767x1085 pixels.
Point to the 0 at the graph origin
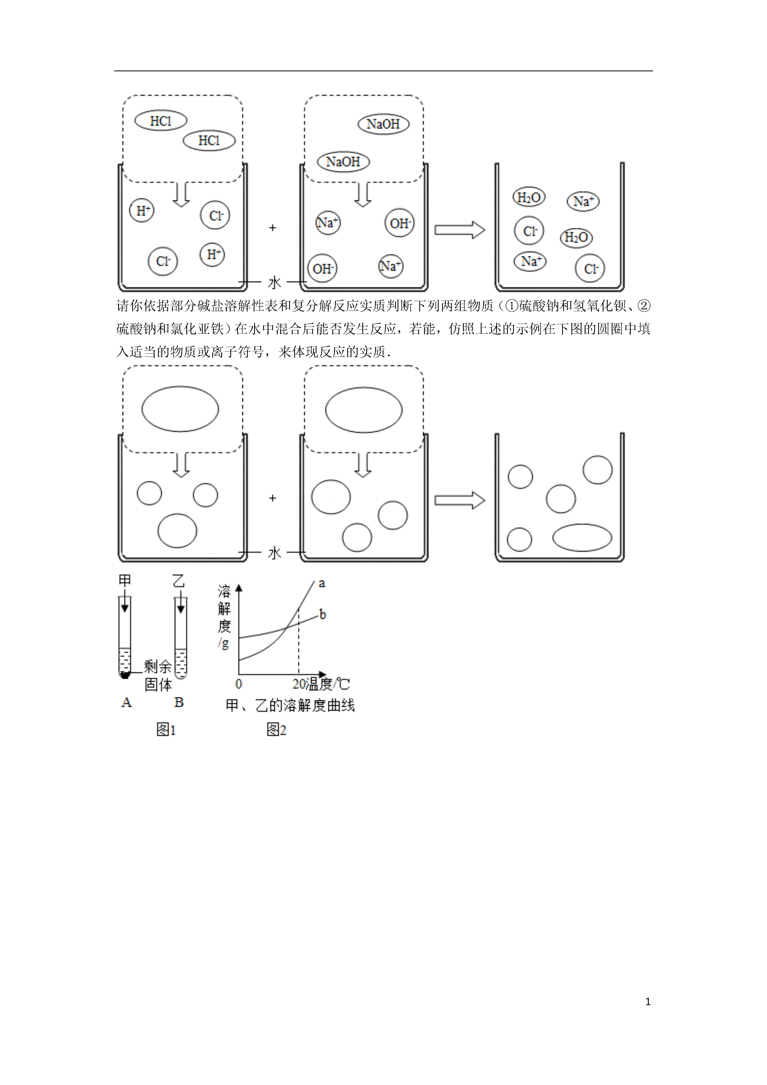[239, 684]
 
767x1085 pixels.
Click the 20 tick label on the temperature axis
[299, 684]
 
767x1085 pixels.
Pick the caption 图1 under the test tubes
[166, 730]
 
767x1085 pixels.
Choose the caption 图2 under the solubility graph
[276, 730]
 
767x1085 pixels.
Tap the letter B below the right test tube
[179, 703]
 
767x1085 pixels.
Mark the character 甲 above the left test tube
[125, 580]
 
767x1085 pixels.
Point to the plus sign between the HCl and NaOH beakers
[273, 228]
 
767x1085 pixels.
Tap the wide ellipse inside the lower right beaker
[582, 538]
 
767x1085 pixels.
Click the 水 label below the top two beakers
[275, 283]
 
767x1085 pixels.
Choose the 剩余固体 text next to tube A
[158, 676]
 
